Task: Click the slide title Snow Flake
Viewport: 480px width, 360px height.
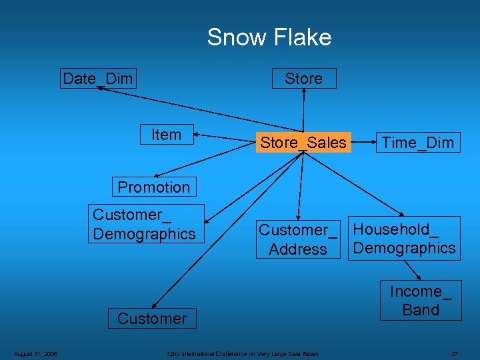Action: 269,37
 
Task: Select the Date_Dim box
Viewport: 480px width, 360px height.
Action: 97,79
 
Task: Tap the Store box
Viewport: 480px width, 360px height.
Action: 303,79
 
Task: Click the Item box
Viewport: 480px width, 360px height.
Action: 166,135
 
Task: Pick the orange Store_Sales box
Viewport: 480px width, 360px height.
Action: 303,143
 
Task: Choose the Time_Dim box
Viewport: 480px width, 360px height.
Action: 417,143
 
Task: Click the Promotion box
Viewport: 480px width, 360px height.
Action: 153,187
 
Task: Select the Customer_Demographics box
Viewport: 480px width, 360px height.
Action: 145,224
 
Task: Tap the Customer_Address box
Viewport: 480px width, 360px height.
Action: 298,239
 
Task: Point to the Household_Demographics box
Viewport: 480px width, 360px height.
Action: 404,239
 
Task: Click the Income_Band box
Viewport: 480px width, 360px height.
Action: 421,301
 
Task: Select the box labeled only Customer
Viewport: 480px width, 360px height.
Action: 152,319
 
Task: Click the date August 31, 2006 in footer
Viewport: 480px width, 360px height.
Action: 35,353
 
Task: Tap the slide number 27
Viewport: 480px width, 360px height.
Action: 454,353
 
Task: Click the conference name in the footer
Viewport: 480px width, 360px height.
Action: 243,353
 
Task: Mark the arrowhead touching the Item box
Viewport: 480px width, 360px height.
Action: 197,136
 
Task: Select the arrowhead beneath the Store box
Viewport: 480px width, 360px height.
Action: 304,92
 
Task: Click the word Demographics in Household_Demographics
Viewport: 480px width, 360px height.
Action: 404,248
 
